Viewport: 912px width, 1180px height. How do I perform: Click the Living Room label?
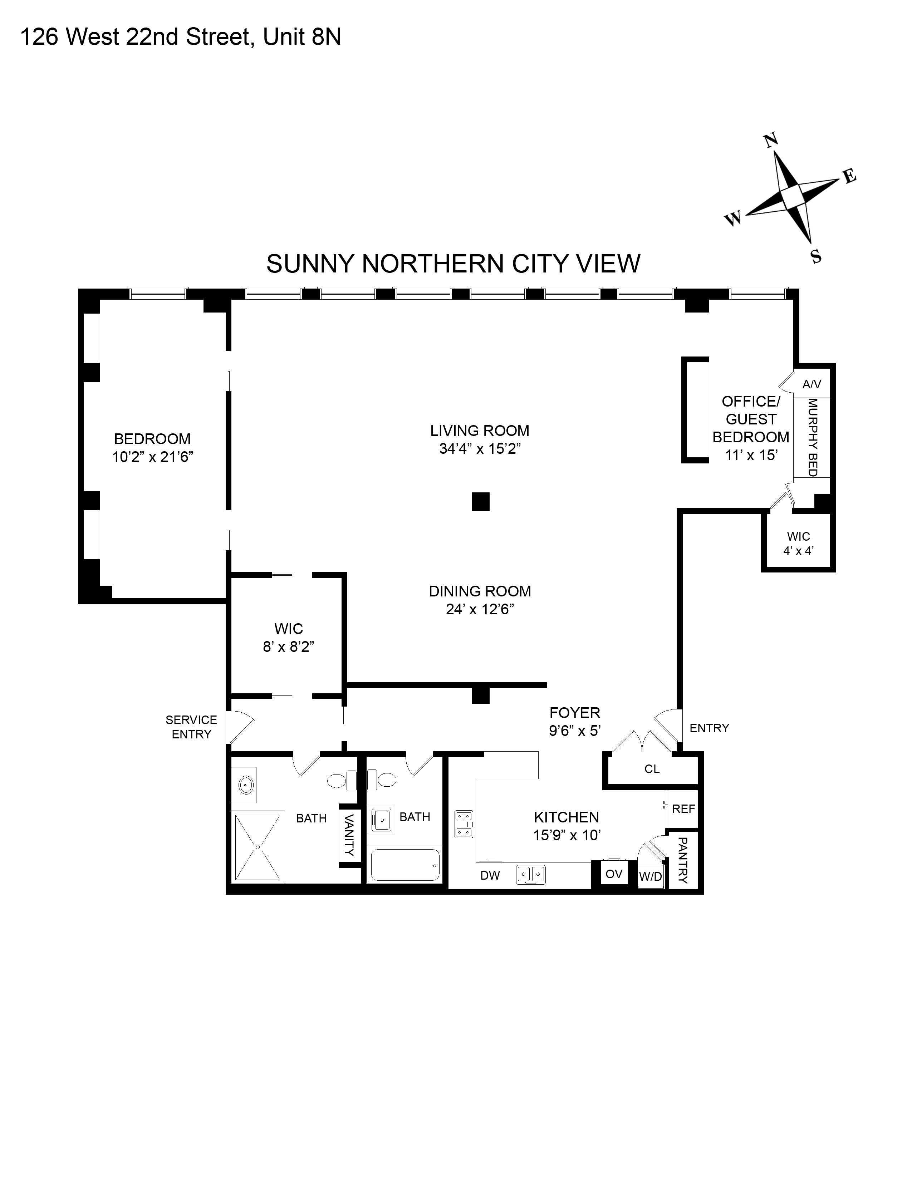pos(479,431)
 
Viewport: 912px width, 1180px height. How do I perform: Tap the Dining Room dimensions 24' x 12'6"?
pos(479,609)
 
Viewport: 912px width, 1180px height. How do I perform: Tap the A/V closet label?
pos(812,384)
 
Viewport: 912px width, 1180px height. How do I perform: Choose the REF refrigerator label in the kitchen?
pos(683,809)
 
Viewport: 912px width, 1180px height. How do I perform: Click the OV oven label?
pos(614,874)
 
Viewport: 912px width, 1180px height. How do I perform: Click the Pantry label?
pos(682,860)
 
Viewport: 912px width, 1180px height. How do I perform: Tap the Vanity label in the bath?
pos(349,835)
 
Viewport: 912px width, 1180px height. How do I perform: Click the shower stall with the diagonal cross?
pos(258,847)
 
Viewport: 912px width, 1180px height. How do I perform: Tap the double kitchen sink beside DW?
pos(530,874)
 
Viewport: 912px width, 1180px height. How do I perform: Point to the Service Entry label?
pos(191,727)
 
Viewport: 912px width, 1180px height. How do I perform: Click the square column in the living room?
pos(480,501)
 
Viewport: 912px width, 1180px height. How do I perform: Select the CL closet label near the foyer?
pos(652,769)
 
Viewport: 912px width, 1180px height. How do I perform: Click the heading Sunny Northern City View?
pos(453,264)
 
